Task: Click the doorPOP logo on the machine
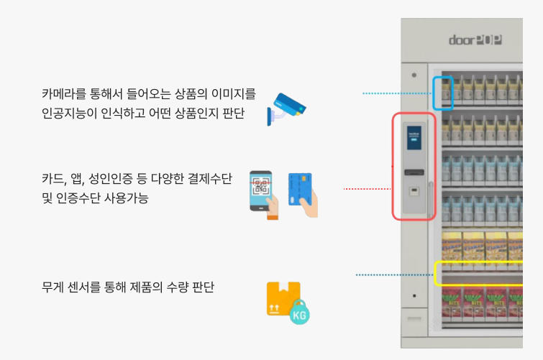tap(475, 40)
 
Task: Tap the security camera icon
tap(287, 109)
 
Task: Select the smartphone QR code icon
tap(264, 195)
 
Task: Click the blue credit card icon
tap(303, 195)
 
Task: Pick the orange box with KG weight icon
tap(288, 303)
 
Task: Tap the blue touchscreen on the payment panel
tap(414, 137)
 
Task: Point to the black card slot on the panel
tap(414, 172)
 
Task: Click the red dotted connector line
tap(367, 189)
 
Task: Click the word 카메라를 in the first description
tap(64, 93)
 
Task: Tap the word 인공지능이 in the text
tap(69, 113)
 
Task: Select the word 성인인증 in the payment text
tap(111, 179)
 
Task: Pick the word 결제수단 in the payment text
tap(210, 179)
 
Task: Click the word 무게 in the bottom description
tap(53, 287)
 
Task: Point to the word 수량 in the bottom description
tap(178, 287)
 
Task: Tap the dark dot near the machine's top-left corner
tap(414, 75)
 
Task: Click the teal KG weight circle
tap(299, 313)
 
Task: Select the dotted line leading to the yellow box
tap(394, 274)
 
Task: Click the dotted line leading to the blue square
tap(397, 93)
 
